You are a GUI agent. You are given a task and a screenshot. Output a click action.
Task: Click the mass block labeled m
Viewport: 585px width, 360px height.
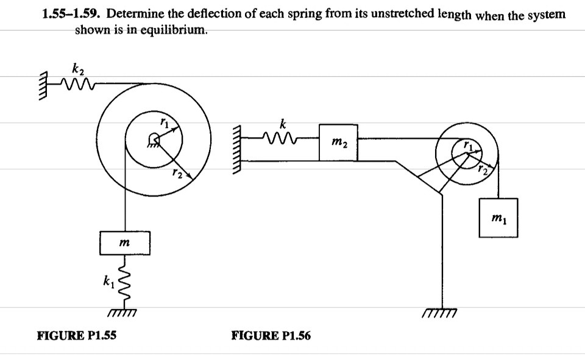[x=124, y=242]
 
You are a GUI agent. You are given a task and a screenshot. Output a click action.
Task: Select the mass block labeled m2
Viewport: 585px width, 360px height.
[x=338, y=143]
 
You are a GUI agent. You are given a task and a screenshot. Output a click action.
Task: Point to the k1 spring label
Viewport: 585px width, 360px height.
[x=108, y=281]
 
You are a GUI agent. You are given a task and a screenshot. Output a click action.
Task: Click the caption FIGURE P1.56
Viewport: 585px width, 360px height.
[x=271, y=335]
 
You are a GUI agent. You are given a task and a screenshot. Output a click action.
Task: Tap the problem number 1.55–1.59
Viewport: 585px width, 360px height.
[x=66, y=13]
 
